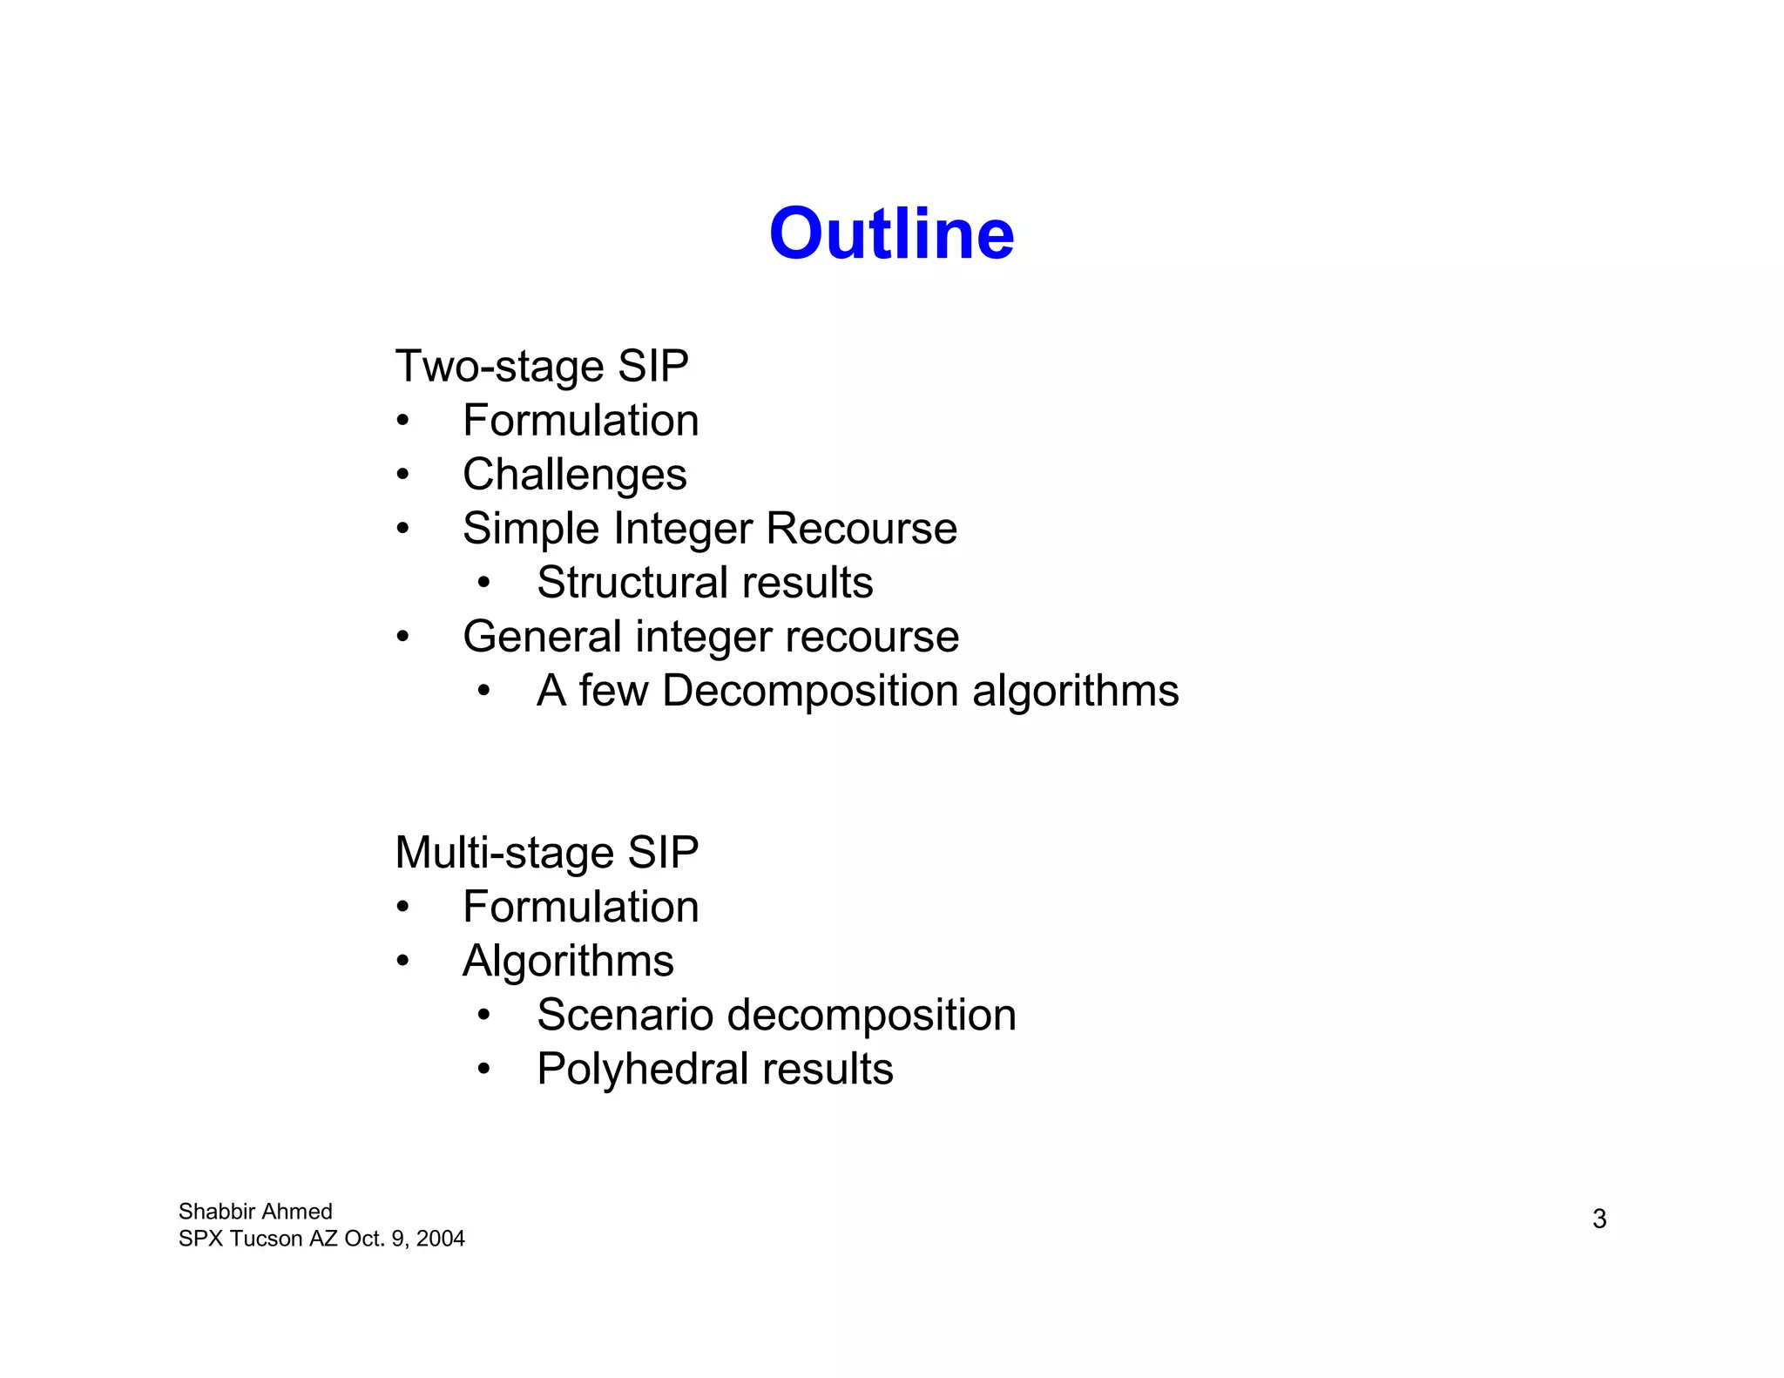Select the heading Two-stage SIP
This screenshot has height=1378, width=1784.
pos(541,366)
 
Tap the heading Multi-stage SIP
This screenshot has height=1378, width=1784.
pos(546,852)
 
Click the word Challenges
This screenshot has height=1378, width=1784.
pos(574,475)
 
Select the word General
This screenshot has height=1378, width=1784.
pos(541,636)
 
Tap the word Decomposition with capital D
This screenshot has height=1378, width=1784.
pos(809,691)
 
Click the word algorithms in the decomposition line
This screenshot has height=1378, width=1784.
pos(1075,691)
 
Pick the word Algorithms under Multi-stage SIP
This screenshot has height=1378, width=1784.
pos(568,961)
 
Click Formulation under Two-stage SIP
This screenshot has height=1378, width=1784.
pos(580,421)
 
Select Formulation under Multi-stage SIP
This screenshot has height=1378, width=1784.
pos(580,907)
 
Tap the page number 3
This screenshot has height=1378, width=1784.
pos(1599,1219)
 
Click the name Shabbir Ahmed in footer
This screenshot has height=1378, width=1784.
pos(255,1212)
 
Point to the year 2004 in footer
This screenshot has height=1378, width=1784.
pos(440,1239)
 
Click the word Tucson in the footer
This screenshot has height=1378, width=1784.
pos(267,1239)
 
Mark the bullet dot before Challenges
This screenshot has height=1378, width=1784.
pos(402,475)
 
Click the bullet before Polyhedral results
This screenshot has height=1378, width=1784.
pos(484,1069)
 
